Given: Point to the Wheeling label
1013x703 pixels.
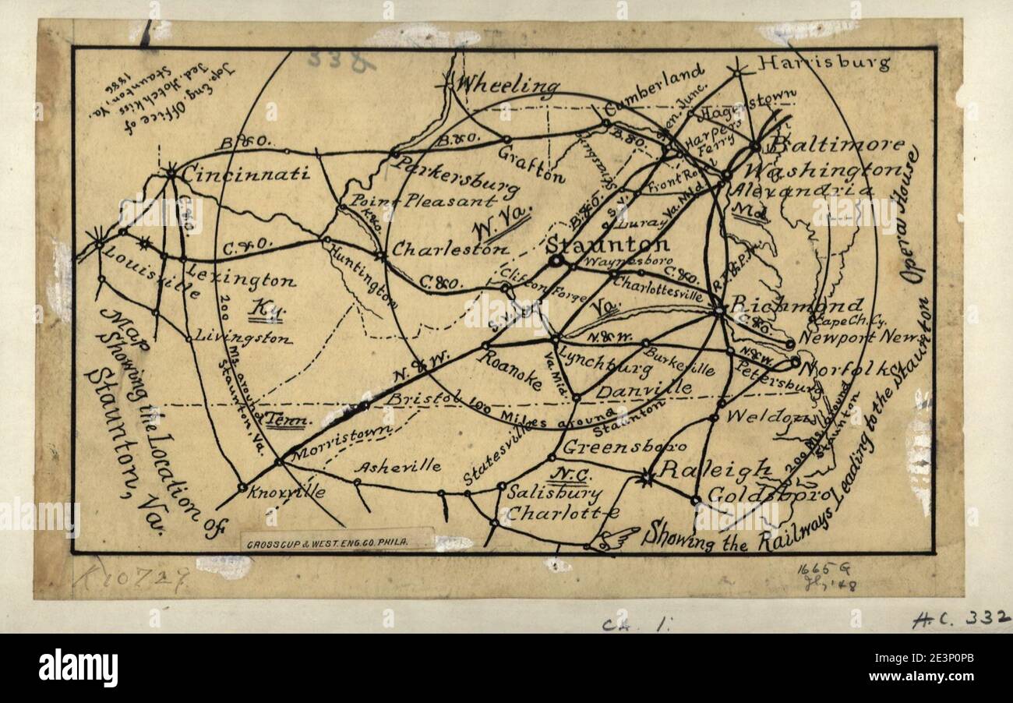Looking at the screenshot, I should [508, 85].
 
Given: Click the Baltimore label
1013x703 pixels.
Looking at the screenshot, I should [837, 144].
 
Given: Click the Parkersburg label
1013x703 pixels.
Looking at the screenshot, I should [455, 176].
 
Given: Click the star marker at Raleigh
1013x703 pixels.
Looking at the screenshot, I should [645, 478].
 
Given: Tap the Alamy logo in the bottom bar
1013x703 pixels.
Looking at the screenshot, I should [78, 668].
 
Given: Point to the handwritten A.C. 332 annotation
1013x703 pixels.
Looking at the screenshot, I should [961, 620].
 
